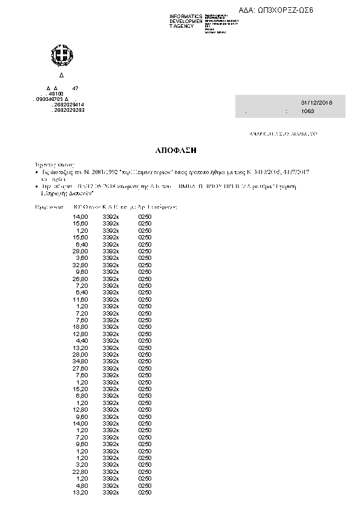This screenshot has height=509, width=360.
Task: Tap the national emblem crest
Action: pos(61,57)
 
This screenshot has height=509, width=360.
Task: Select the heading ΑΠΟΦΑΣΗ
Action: pos(182,148)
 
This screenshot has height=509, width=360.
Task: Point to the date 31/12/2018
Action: pos(312,103)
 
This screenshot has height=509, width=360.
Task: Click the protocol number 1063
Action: pos(308,112)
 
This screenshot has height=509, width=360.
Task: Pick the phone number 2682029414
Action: pos(69,105)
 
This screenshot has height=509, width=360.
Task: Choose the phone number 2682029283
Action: pos(69,110)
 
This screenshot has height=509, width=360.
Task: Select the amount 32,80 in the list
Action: pos(80,264)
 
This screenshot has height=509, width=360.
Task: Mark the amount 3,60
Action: pos(82,258)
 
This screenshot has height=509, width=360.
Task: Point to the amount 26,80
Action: pos(80,278)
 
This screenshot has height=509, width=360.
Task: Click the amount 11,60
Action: pos(80,299)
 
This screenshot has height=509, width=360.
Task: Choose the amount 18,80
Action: pos(80,326)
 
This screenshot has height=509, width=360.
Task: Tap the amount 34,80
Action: pos(80,361)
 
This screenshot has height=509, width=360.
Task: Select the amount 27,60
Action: pos(80,368)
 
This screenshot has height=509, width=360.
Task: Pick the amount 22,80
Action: pos(80,471)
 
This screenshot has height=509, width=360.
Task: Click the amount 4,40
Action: pos(82,340)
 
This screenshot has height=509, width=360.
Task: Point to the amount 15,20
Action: pos(80,389)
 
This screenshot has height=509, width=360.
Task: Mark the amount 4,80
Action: pos(82,485)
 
